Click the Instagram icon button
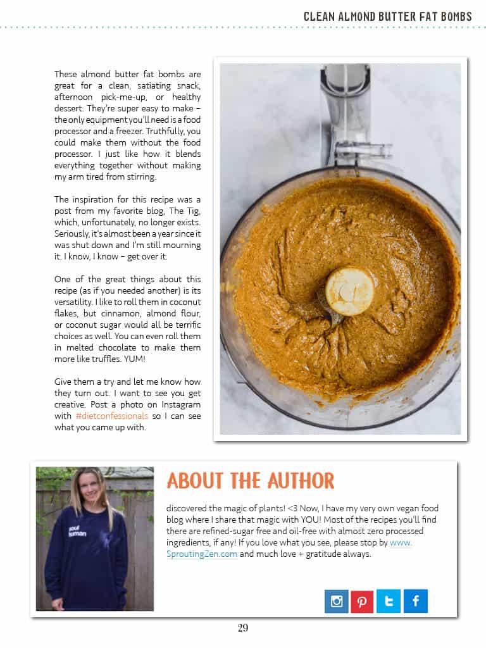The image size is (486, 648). (x=337, y=601)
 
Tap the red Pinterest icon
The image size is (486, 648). (x=362, y=601)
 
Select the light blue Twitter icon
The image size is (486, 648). (x=389, y=601)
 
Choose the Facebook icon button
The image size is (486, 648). (x=415, y=601)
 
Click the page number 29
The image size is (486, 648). (x=243, y=628)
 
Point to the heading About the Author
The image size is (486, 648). (x=250, y=480)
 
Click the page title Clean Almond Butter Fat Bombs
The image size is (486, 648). (x=387, y=16)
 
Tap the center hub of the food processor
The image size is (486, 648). (x=349, y=291)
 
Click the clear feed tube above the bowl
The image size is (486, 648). (x=346, y=114)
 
